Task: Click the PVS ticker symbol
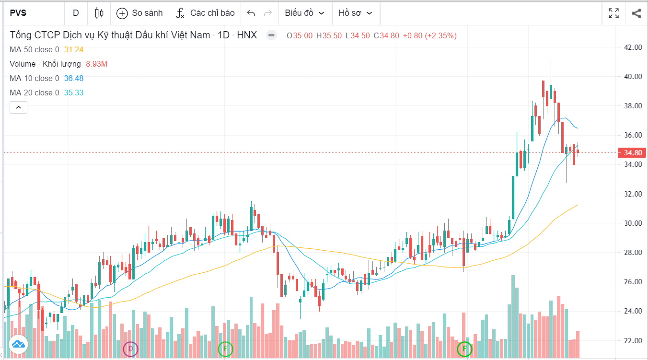point(18,13)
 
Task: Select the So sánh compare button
point(139,13)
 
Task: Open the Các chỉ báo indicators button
point(205,13)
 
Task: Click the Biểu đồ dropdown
point(304,13)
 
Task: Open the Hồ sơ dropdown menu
point(356,13)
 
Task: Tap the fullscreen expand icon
point(613,13)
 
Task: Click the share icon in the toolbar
point(636,13)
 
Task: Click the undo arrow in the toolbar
point(251,13)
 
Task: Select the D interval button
point(76,13)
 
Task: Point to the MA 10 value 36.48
point(74,78)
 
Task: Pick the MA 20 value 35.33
point(74,93)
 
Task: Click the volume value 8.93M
point(96,64)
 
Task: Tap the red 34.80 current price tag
point(633,153)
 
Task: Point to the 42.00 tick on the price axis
point(632,47)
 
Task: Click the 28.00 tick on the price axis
point(632,253)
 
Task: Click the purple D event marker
point(130,348)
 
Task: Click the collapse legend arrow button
point(18,107)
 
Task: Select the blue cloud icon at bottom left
point(18,344)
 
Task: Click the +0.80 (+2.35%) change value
point(429,35)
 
